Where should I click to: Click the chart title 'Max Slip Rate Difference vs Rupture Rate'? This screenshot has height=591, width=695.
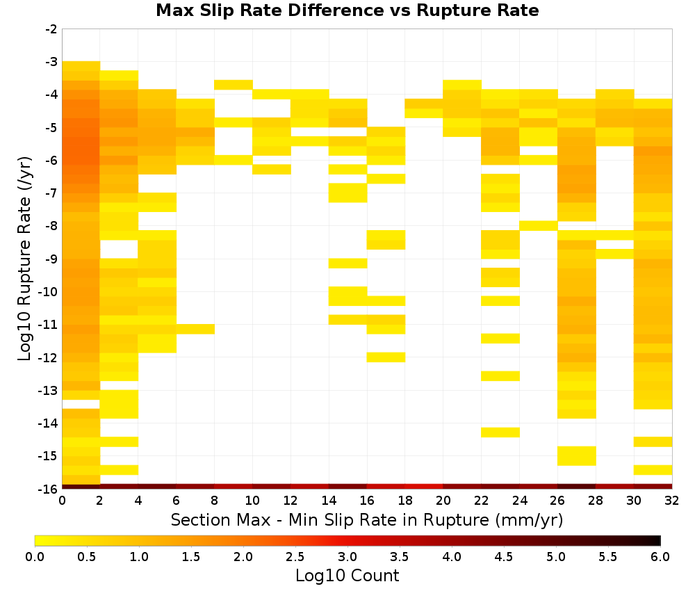click(x=347, y=10)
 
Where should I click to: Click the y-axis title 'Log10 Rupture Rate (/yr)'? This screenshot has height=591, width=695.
click(x=24, y=259)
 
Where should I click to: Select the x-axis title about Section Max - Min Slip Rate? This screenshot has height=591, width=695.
click(x=367, y=519)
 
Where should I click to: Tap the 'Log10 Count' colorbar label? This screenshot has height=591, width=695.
click(x=347, y=576)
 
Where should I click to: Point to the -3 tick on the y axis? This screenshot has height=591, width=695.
click(x=52, y=62)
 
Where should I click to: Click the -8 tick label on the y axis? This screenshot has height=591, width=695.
click(x=52, y=226)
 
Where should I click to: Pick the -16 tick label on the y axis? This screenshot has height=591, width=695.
click(x=49, y=489)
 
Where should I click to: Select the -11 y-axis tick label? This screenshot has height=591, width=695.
click(x=49, y=325)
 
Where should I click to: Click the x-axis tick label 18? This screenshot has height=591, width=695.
click(x=405, y=501)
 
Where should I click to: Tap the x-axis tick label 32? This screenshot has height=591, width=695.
click(x=672, y=501)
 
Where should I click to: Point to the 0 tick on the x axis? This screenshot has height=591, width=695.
click(x=62, y=501)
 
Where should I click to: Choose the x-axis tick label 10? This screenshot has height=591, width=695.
click(x=253, y=501)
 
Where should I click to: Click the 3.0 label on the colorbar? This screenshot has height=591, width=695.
click(x=347, y=556)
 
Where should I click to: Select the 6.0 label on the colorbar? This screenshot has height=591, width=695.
click(x=660, y=556)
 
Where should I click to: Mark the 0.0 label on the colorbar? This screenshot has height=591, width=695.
click(x=35, y=556)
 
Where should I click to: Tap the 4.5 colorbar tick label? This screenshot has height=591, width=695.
click(x=504, y=556)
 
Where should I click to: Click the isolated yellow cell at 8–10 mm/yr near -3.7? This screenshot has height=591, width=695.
click(x=234, y=85)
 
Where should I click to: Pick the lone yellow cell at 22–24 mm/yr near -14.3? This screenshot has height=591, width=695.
click(x=500, y=432)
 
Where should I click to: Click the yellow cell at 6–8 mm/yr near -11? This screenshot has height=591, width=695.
click(x=195, y=329)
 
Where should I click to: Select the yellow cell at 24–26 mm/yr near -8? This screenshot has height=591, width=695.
click(x=539, y=226)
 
